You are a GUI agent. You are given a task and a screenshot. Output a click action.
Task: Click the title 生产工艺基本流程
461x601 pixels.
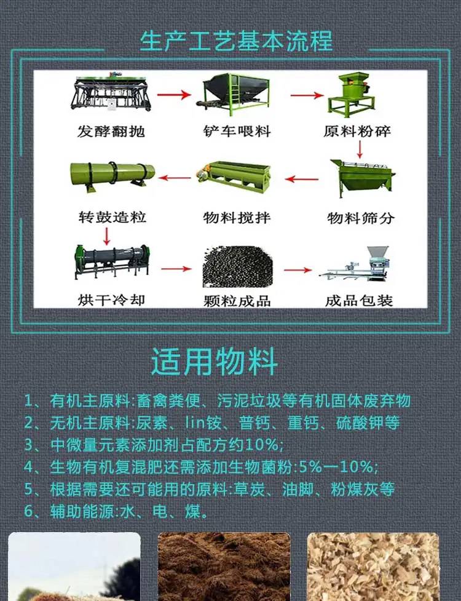(x=236, y=41)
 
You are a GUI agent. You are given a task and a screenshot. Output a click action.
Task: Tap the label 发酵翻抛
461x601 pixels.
(x=111, y=132)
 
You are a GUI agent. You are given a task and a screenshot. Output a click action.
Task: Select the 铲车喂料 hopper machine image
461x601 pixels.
(x=234, y=94)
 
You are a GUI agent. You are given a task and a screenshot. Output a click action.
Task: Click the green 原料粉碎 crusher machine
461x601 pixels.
(x=351, y=95)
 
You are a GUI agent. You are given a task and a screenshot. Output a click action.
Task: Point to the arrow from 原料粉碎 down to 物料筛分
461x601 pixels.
(x=360, y=149)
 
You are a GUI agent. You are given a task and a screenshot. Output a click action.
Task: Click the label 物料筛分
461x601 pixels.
(x=361, y=218)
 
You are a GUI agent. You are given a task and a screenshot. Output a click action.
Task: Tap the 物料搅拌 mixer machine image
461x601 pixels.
(x=234, y=177)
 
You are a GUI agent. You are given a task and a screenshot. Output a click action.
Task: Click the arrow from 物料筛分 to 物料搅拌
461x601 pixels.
(x=302, y=179)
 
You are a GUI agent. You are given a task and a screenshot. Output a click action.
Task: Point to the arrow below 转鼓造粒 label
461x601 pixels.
(x=107, y=236)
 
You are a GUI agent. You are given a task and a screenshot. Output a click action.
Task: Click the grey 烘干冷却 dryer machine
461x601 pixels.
(x=112, y=261)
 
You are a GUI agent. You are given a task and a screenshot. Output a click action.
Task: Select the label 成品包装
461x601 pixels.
(x=359, y=300)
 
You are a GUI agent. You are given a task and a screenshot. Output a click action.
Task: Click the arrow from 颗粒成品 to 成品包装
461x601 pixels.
(x=298, y=270)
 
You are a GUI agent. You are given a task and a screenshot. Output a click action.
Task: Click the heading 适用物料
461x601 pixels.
(x=214, y=362)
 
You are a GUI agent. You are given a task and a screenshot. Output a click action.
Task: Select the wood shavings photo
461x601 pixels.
(x=373, y=567)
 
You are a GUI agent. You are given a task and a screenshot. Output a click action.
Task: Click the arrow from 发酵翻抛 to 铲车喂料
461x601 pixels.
(x=174, y=94)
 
